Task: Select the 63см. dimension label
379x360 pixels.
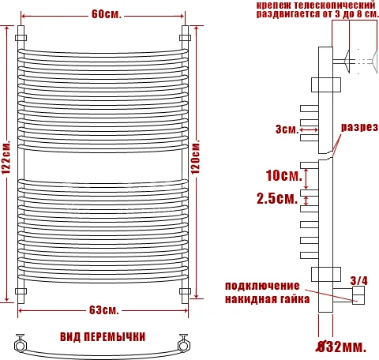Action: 104,308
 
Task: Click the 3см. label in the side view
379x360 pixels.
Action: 286,129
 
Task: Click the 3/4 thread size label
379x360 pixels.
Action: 358,279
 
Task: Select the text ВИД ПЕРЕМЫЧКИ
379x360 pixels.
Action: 103,336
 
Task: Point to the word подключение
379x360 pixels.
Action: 262,285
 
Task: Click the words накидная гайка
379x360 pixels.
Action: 266,299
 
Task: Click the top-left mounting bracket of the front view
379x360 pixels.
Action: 21,36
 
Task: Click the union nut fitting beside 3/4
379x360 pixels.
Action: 359,297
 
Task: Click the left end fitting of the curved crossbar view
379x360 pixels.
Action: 20,343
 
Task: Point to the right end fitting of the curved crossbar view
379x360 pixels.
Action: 186,343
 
